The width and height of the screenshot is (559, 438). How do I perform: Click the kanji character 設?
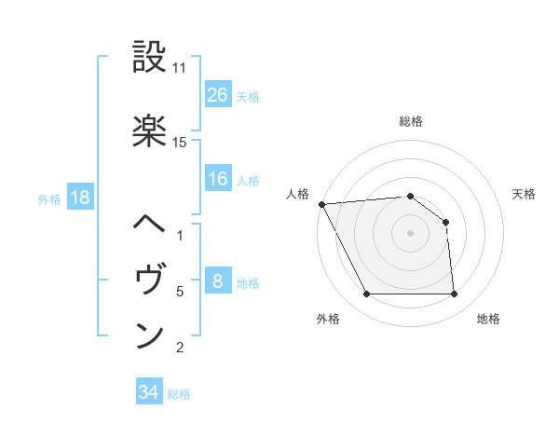click(149, 58)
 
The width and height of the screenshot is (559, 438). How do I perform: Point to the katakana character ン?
click(149, 335)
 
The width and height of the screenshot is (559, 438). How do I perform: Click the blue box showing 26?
click(217, 95)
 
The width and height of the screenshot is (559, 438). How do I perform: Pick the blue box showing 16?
click(217, 180)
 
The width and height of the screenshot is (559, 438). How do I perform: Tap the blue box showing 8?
click(217, 282)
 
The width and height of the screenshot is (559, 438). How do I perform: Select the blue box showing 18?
click(79, 198)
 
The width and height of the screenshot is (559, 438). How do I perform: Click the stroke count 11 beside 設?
click(180, 69)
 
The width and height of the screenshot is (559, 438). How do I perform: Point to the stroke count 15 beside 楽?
click(180, 143)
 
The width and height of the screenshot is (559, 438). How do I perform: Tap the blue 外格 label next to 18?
click(49, 198)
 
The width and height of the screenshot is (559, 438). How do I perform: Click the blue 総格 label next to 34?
click(179, 394)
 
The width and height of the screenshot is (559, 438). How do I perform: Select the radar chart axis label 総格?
click(410, 121)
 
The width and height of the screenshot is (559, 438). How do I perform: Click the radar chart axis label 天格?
click(525, 194)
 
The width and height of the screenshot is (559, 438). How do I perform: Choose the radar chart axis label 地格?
click(488, 319)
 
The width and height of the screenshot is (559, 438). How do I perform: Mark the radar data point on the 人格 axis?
click(321, 204)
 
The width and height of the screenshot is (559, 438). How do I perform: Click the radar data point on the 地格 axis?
click(454, 294)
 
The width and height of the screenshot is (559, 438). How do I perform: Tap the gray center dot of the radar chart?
click(410, 232)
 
